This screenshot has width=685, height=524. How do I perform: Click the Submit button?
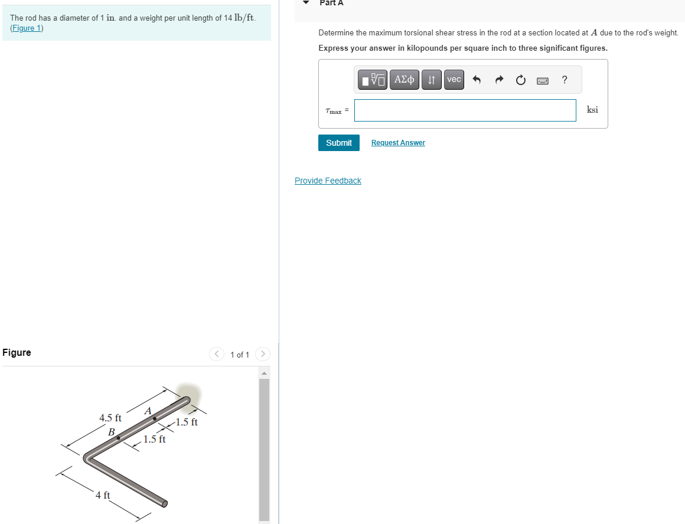pos(338,143)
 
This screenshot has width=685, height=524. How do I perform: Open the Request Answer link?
pos(398,143)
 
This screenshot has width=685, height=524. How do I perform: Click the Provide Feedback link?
pos(328,181)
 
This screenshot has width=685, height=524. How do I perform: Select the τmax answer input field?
pos(465,110)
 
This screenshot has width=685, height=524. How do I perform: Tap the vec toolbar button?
pos(454,79)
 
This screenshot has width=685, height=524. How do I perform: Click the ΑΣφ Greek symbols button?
pos(405,79)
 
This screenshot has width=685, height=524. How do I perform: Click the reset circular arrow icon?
pos(520,80)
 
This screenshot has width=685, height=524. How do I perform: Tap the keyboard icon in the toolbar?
pos(542,80)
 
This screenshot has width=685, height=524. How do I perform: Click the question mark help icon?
pos(565,79)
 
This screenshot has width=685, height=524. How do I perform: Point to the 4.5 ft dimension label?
pos(110,418)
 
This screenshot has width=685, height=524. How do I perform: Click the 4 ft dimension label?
pos(103,495)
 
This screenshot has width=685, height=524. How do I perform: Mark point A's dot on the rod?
pos(155,418)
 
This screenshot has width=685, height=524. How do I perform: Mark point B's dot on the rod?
pos(119,438)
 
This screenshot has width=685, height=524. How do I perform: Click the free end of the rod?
pos(165,503)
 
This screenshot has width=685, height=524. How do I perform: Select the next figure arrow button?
pos(263,354)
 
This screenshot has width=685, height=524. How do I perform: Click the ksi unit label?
pos(592,110)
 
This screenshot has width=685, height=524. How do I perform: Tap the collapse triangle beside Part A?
pos(306,2)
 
